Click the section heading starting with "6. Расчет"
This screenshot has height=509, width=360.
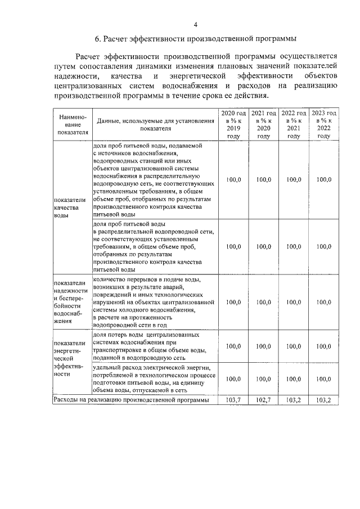[x=195, y=39]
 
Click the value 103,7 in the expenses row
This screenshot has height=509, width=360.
[x=233, y=400]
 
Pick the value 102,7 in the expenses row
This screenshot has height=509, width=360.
[x=263, y=400]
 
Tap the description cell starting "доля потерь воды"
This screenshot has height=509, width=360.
[x=152, y=346]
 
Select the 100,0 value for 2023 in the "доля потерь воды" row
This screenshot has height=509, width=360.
[x=324, y=346]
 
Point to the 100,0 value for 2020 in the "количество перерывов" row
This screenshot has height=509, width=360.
[x=233, y=302]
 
